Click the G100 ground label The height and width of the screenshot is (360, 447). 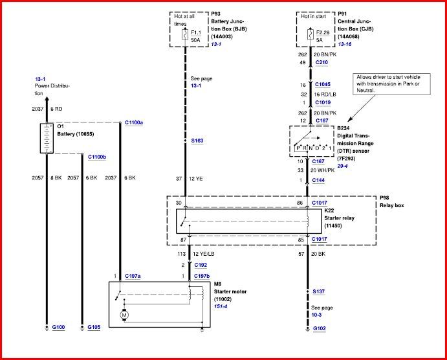coord(59,328)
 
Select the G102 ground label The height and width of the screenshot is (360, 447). coord(320,328)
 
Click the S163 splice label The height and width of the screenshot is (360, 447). coord(197,140)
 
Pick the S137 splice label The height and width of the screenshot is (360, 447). coord(318,292)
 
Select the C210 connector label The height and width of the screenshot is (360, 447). coord(321,63)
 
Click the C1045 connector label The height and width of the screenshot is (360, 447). coord(323,85)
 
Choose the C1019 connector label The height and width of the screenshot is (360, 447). coord(323,102)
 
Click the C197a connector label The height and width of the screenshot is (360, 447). coord(133,276)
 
